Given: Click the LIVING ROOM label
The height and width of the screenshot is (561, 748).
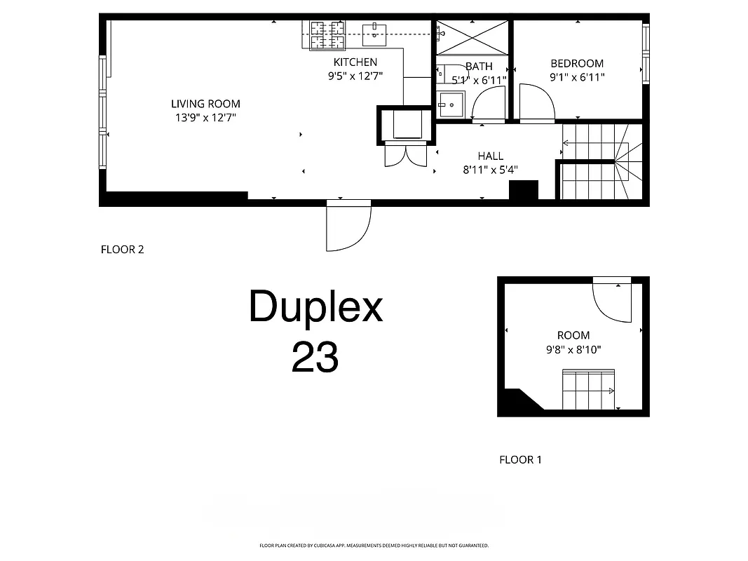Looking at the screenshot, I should pyautogui.click(x=205, y=104).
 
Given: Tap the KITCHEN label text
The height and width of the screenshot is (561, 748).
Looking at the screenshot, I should pyautogui.click(x=355, y=62).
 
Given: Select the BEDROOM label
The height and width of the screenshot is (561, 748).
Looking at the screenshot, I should pyautogui.click(x=577, y=63).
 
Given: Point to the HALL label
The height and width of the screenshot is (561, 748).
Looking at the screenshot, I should pyautogui.click(x=490, y=156).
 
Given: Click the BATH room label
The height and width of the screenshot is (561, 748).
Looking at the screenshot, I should pyautogui.click(x=479, y=67).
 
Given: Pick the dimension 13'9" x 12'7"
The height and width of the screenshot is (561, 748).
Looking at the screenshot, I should pyautogui.click(x=205, y=118).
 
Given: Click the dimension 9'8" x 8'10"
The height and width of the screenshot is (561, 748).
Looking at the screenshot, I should pyautogui.click(x=573, y=349).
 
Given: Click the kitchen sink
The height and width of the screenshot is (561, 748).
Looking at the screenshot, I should pyautogui.click(x=375, y=31).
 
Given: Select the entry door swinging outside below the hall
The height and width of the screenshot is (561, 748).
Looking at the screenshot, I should pyautogui.click(x=348, y=226).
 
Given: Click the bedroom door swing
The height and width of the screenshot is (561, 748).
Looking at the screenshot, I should pyautogui.click(x=537, y=103).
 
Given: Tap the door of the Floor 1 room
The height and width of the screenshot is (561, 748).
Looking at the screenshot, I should pyautogui.click(x=611, y=300).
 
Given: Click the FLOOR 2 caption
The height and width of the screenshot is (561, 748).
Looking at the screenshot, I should pyautogui.click(x=123, y=249).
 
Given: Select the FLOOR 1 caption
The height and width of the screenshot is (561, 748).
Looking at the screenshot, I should pyautogui.click(x=520, y=460).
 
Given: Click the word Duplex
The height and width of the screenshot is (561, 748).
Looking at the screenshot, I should pyautogui.click(x=315, y=307).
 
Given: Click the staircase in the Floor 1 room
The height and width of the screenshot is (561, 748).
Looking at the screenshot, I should pyautogui.click(x=589, y=390).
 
